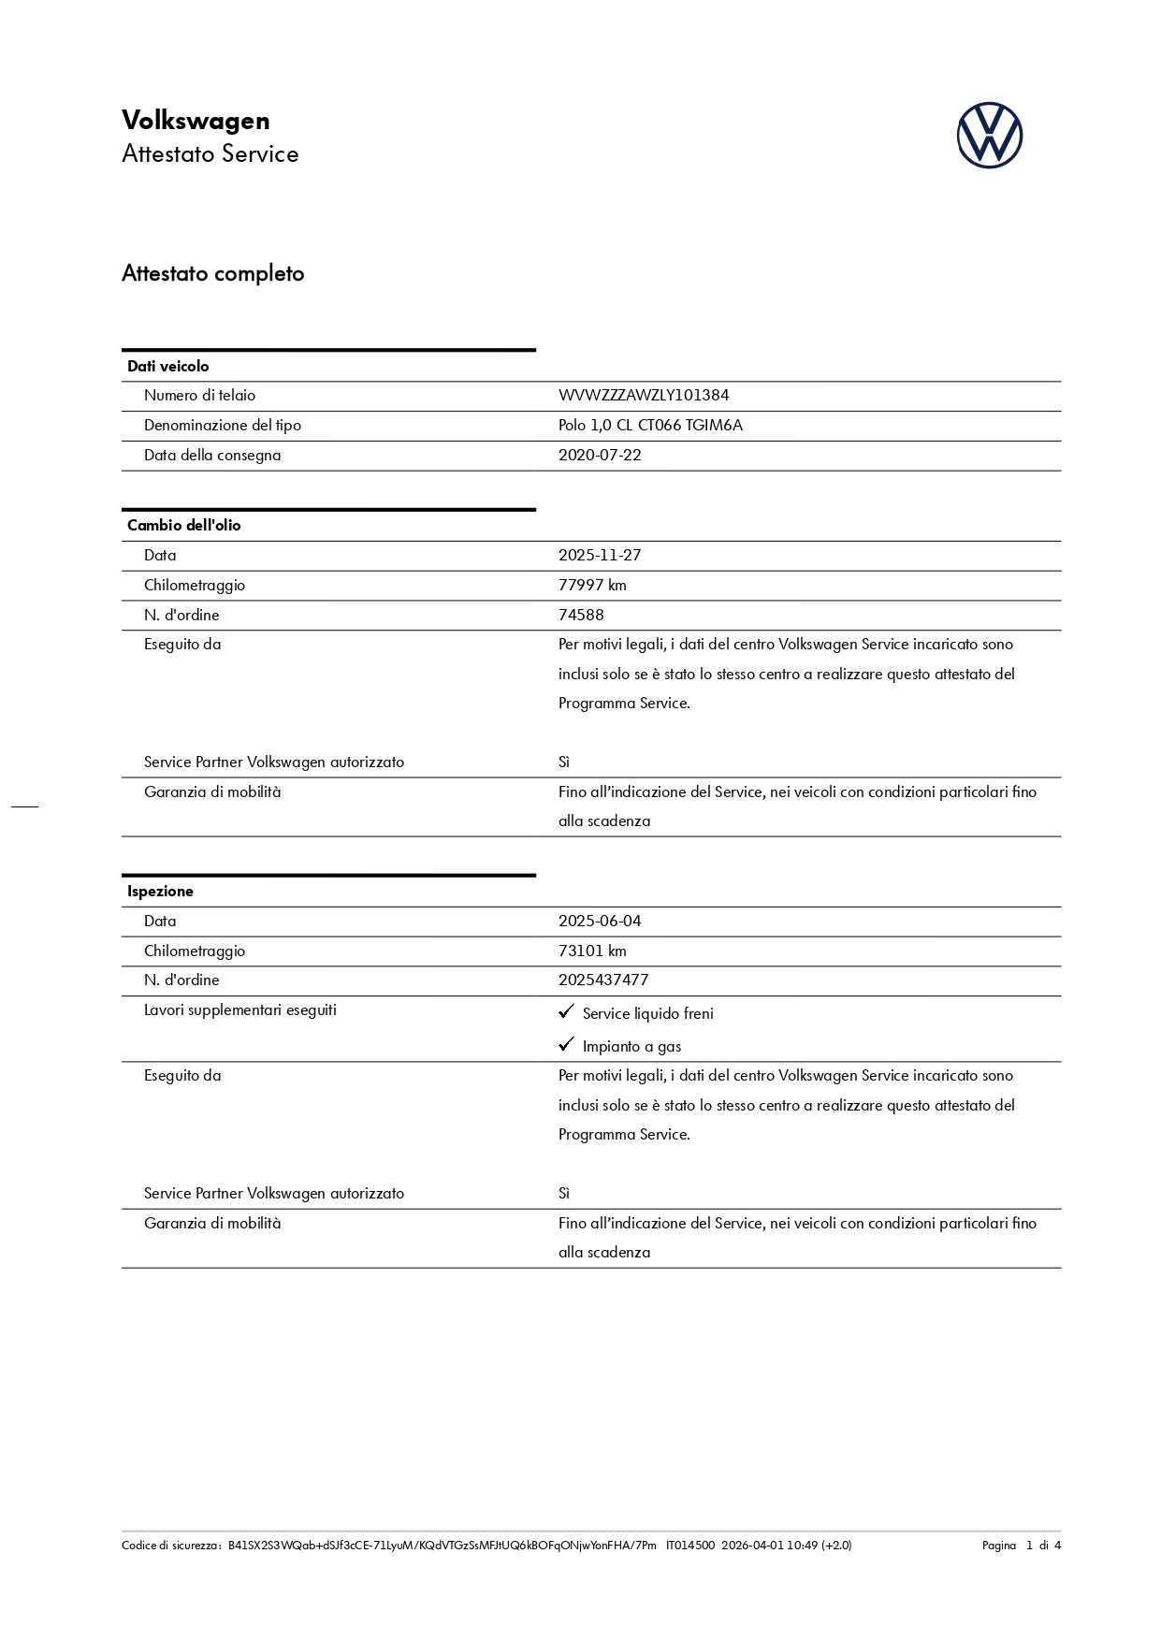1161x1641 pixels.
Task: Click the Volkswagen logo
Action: (989, 136)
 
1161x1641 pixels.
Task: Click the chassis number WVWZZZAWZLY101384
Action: (644, 396)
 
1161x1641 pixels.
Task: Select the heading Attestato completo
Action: (213, 274)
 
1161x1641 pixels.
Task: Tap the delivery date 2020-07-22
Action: (600, 456)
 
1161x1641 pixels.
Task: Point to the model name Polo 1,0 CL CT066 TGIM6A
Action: (650, 426)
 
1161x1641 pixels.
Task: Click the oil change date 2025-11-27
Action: (600, 556)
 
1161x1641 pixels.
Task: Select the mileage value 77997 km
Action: (592, 586)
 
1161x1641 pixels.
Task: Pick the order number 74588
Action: (581, 616)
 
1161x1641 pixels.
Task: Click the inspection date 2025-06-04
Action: (600, 922)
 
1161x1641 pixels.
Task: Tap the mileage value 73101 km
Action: (592, 951)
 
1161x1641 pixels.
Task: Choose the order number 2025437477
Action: (603, 980)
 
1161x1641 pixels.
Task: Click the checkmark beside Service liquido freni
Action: (566, 1012)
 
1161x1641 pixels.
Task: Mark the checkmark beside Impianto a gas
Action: (566, 1045)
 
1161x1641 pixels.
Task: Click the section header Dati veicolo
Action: (168, 367)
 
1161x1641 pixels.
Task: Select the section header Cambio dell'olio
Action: (184, 526)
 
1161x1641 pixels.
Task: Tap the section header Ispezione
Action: (160, 892)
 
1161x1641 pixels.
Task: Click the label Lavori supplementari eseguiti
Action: (240, 1010)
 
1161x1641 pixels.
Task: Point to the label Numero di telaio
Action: (199, 396)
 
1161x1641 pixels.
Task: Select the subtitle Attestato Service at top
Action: (210, 154)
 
